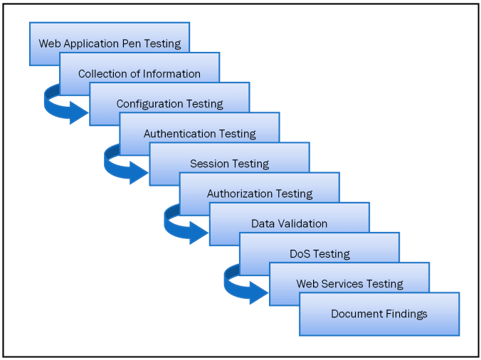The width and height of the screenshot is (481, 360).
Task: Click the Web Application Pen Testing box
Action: click(x=110, y=43)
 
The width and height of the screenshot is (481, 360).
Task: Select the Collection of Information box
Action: click(x=139, y=73)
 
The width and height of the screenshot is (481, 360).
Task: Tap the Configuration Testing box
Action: click(x=169, y=104)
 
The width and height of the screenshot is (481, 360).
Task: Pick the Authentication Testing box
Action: click(x=199, y=134)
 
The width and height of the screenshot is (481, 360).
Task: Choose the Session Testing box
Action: click(x=229, y=164)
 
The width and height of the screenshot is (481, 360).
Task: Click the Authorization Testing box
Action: click(x=259, y=194)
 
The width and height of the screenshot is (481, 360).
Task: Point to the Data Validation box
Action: click(x=289, y=223)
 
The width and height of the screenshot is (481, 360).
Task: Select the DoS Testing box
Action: click(x=319, y=253)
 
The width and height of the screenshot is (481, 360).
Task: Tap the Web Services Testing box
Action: click(x=349, y=284)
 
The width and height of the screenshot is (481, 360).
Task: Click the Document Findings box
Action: click(x=379, y=314)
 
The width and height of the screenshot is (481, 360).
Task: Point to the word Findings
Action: click(x=404, y=314)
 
